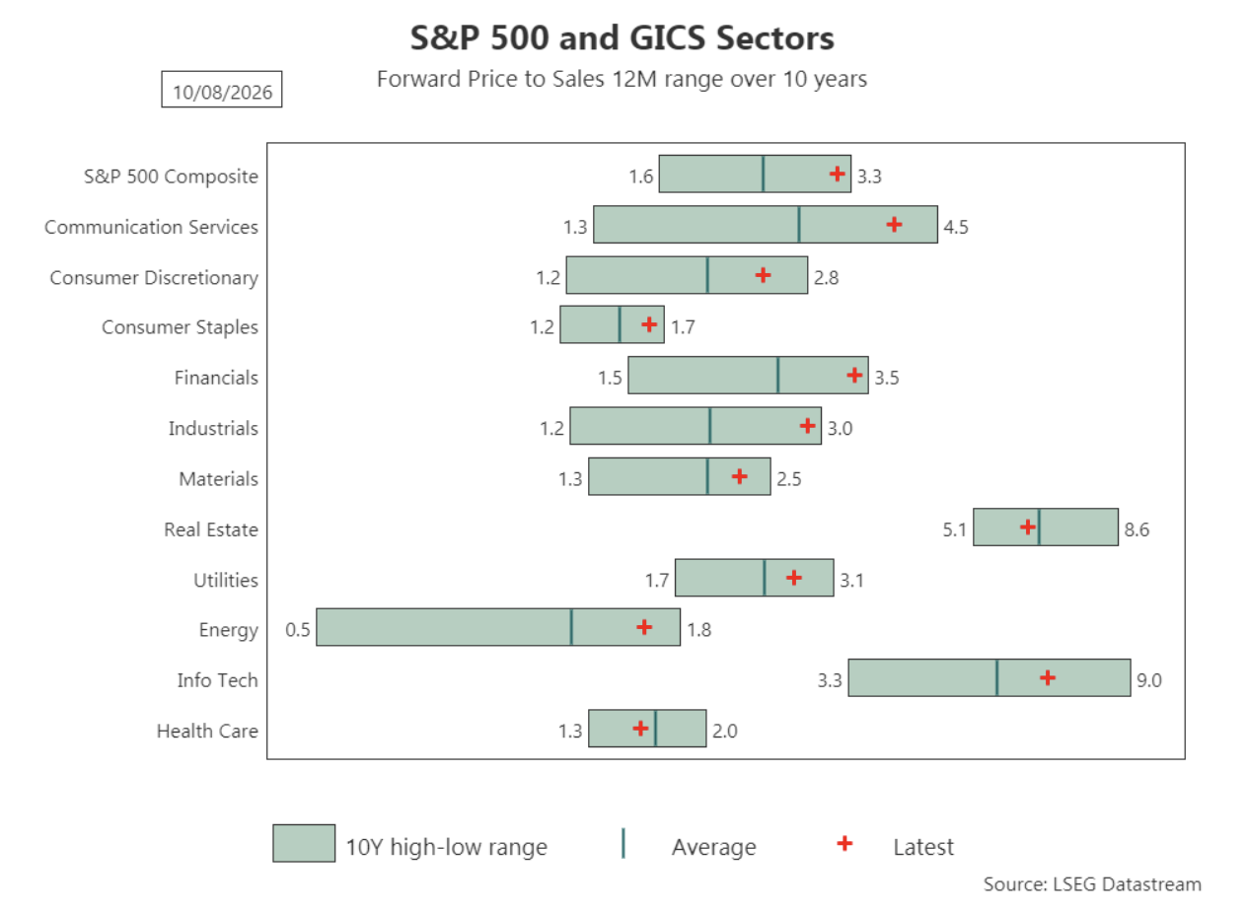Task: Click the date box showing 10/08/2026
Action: tap(222, 89)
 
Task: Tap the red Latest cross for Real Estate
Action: tap(1028, 527)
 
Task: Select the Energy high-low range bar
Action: tap(498, 627)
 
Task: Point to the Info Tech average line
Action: tap(997, 677)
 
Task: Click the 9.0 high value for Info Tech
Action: tap(1149, 680)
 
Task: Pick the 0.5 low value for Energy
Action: tap(297, 629)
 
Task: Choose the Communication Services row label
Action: tap(151, 227)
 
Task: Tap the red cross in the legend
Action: tap(844, 843)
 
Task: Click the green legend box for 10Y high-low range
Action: tap(304, 843)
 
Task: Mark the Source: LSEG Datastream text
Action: tap(1092, 884)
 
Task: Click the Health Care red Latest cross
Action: tap(640, 729)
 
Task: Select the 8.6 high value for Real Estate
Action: tap(1137, 529)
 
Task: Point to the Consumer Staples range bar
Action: tap(612, 324)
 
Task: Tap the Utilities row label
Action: tap(226, 580)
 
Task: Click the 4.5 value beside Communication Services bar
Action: tap(956, 227)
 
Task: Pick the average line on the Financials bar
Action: tap(777, 375)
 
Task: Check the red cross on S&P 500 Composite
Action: tap(837, 175)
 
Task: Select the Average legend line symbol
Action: tap(623, 843)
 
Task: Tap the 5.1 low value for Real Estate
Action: tap(954, 529)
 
